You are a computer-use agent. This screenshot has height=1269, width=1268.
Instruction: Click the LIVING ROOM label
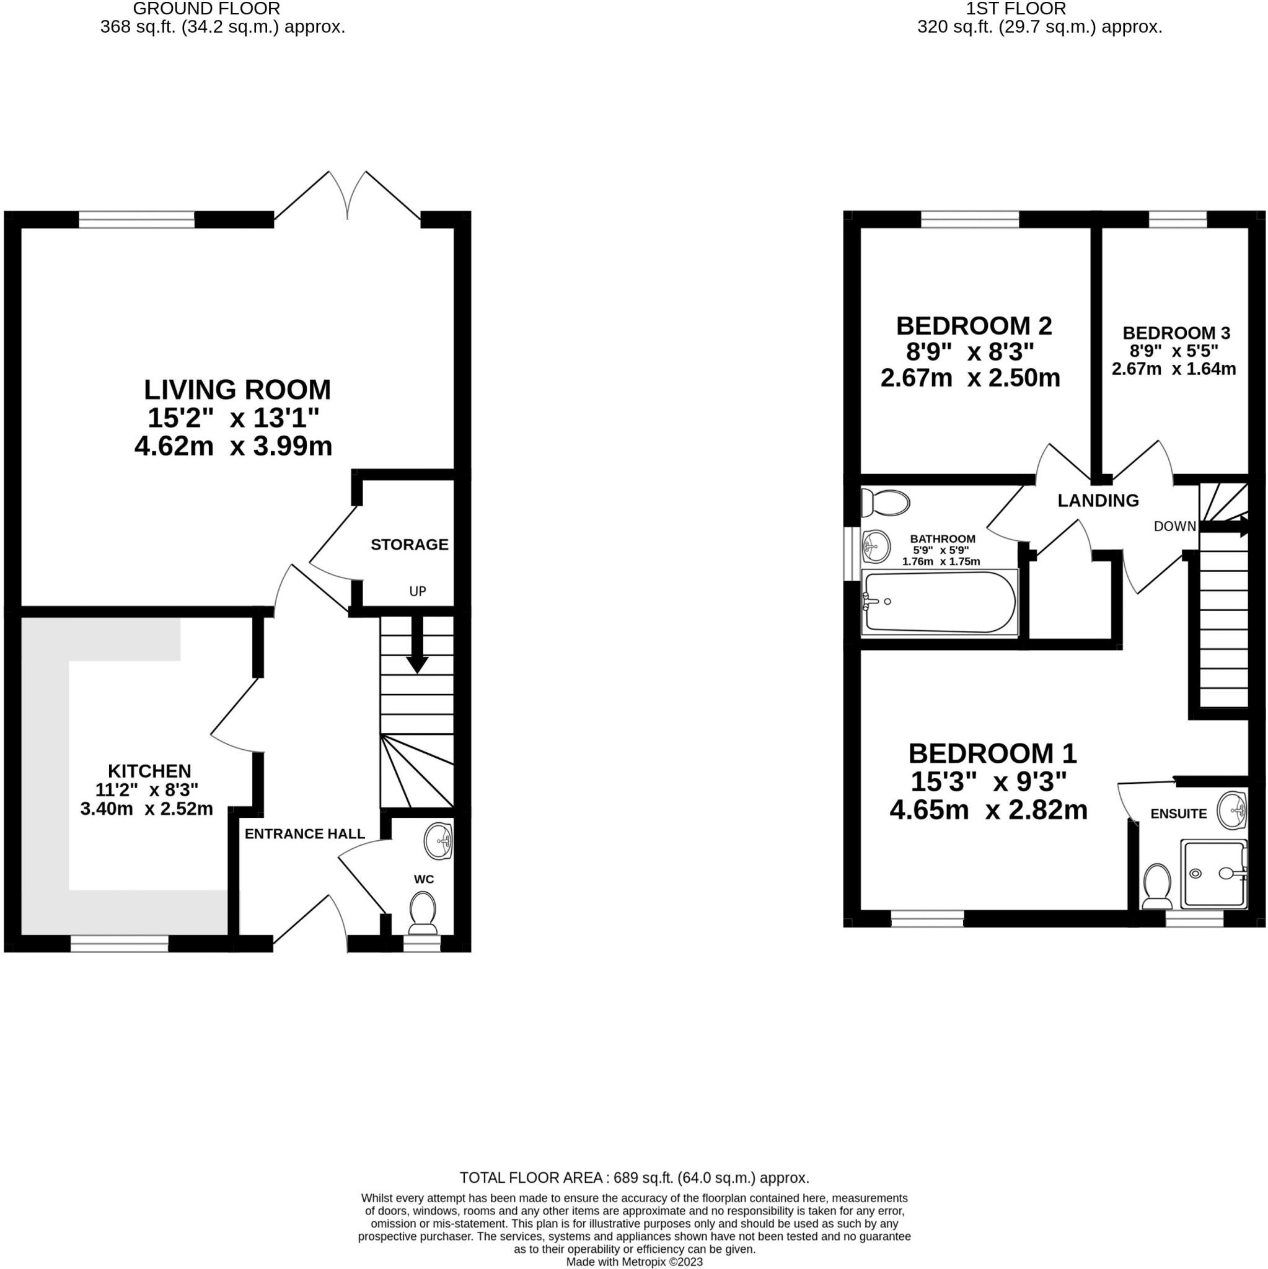pyautogui.click(x=237, y=390)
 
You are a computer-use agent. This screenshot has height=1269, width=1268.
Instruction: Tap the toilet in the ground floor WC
pyautogui.click(x=423, y=914)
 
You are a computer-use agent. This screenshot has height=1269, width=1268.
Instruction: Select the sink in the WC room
pyautogui.click(x=438, y=841)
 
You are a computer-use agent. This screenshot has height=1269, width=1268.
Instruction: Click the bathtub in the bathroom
pyautogui.click(x=940, y=602)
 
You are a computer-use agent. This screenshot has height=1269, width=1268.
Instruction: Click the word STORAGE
pyautogui.click(x=409, y=545)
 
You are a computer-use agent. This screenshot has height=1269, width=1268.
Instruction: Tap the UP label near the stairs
pyautogui.click(x=418, y=591)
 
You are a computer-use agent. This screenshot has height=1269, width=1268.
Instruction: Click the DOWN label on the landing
pyautogui.click(x=1174, y=526)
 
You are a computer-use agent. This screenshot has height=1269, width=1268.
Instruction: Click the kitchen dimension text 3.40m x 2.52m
pyautogui.click(x=146, y=809)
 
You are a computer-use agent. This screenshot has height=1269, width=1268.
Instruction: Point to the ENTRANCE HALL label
pyautogui.click(x=304, y=833)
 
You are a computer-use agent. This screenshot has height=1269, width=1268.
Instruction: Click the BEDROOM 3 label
pyautogui.click(x=1176, y=333)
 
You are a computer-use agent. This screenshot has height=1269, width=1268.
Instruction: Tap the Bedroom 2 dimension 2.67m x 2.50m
pyautogui.click(x=970, y=379)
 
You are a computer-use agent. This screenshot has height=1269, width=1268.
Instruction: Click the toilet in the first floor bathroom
pyautogui.click(x=887, y=504)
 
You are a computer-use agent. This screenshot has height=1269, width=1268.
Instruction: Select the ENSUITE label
pyautogui.click(x=1179, y=814)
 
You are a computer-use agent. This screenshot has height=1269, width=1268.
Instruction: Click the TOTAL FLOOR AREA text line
pyautogui.click(x=634, y=1178)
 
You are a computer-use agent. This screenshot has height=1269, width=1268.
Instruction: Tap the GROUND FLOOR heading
pyautogui.click(x=206, y=9)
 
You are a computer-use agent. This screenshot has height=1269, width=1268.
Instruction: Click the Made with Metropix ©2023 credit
pyautogui.click(x=634, y=1262)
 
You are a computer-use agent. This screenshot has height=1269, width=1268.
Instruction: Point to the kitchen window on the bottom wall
pyautogui.click(x=119, y=944)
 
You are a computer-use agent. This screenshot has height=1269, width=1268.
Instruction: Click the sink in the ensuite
pyautogui.click(x=1233, y=810)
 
